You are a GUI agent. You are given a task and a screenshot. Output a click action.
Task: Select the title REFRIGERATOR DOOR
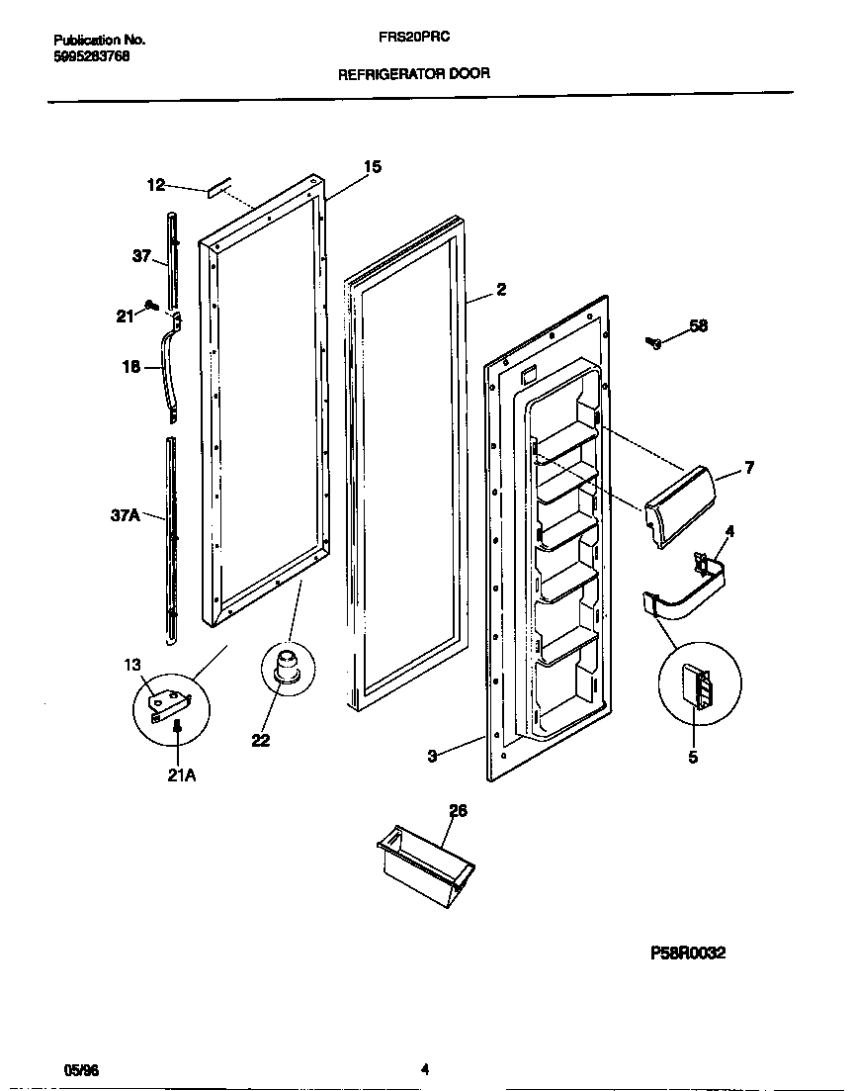(x=414, y=73)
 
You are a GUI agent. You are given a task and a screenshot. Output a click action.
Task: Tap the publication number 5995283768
(x=91, y=56)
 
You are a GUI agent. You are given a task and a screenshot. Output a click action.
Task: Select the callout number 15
(x=372, y=167)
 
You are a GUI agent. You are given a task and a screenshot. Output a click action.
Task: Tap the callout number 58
(x=699, y=325)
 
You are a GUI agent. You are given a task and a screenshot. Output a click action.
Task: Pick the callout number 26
(x=458, y=811)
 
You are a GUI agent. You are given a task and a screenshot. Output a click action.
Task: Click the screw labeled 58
(x=653, y=343)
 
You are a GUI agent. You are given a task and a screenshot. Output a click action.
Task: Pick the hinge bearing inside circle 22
(x=287, y=667)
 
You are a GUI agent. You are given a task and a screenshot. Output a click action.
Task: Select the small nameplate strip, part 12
(x=219, y=186)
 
